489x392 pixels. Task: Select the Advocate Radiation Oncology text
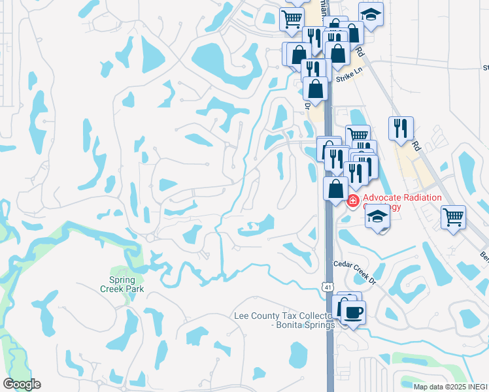point(401,202)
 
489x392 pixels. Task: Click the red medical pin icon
point(353,201)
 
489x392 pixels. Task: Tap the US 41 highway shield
point(326,286)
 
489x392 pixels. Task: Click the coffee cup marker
point(354,312)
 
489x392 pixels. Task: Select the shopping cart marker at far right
point(453,216)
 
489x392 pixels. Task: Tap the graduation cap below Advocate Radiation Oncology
point(377,216)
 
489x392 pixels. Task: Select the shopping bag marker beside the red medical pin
point(335,189)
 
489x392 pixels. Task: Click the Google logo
point(22,384)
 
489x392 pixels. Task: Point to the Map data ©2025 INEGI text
point(450,387)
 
